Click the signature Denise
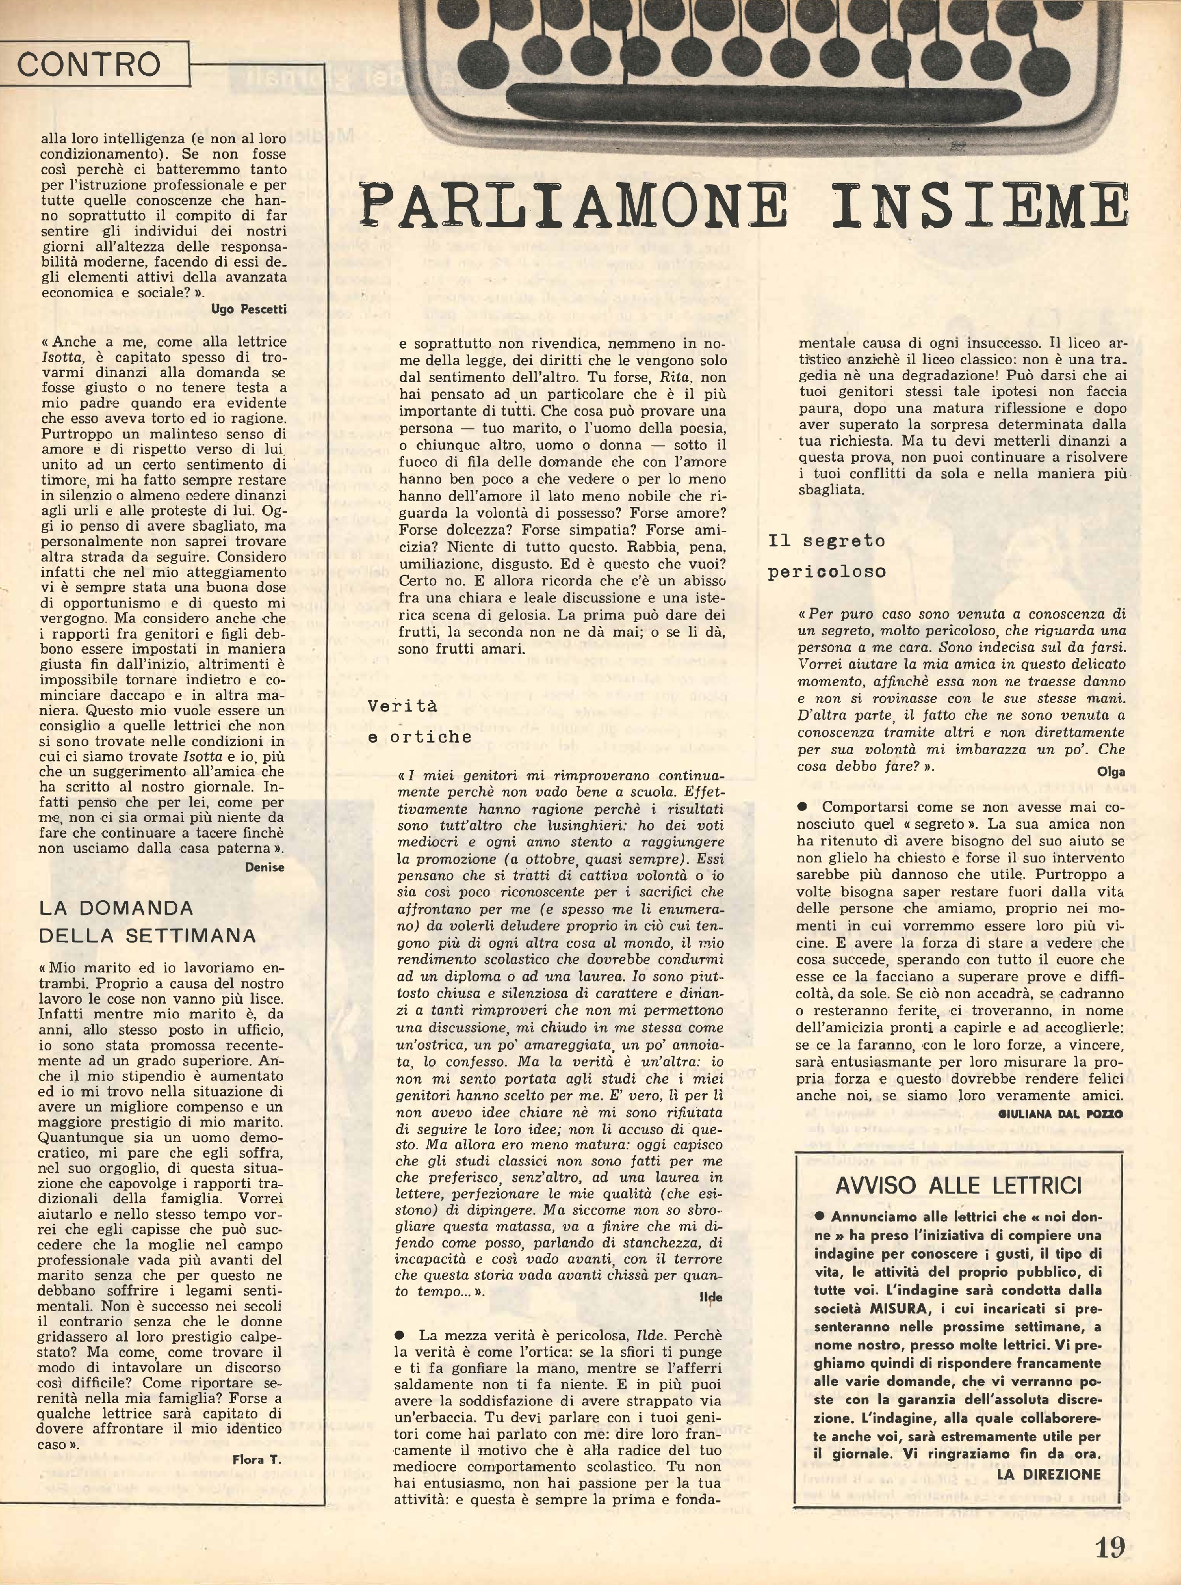265,867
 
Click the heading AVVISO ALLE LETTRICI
958,1185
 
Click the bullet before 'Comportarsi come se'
802,807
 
